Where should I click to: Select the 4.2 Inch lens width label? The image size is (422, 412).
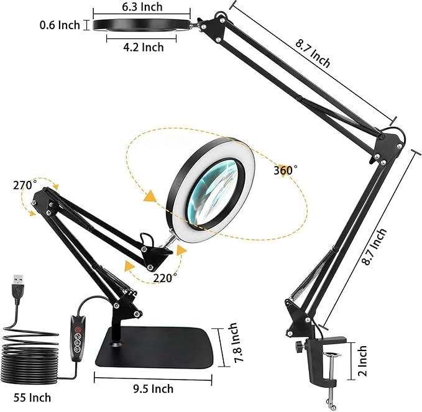[143, 47]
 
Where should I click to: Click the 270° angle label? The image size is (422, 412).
[24, 185]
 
